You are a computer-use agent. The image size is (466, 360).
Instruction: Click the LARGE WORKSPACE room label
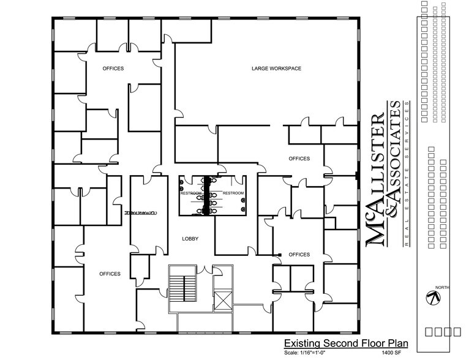point(276,68)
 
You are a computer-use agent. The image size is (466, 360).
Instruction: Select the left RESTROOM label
point(191,193)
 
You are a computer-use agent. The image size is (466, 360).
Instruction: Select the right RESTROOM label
point(233,193)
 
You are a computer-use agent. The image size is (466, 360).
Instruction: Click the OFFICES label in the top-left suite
point(113,68)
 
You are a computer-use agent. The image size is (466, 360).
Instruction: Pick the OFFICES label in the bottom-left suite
point(110,274)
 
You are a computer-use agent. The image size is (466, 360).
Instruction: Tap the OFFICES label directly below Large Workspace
point(299,159)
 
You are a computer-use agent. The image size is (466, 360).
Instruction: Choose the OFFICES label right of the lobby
point(299,254)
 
